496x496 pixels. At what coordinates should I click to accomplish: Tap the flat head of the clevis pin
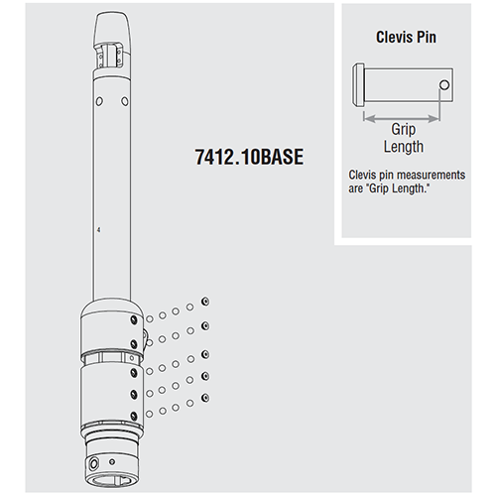pyautogui.click(x=356, y=84)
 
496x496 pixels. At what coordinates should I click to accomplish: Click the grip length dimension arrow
pyautogui.click(x=398, y=116)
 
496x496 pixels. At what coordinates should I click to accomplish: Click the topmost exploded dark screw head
pyautogui.click(x=203, y=301)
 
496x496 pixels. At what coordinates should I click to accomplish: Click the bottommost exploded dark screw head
pyautogui.click(x=203, y=397)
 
